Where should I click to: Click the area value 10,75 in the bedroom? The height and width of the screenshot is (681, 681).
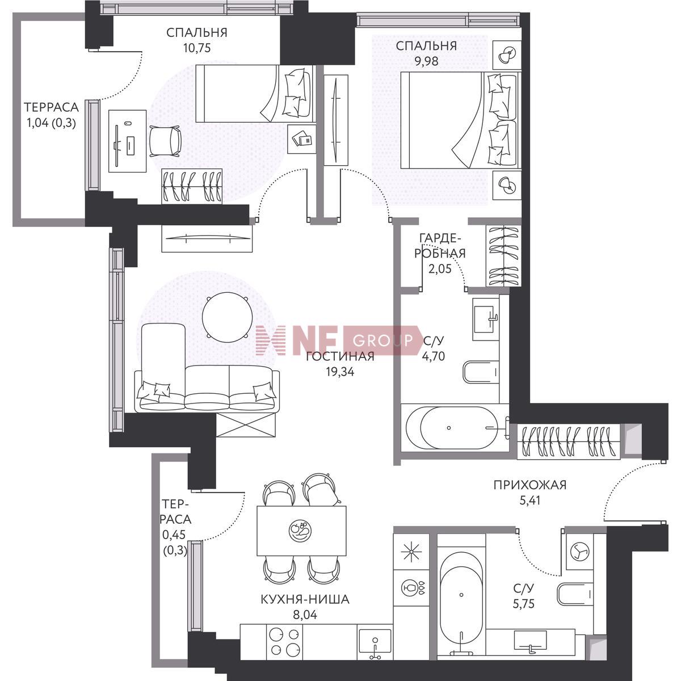click(x=197, y=48)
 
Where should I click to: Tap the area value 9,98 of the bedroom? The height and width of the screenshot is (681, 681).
click(x=426, y=61)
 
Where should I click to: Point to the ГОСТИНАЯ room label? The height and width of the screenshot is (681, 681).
click(x=340, y=356)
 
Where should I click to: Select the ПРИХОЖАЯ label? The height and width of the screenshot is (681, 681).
click(x=529, y=485)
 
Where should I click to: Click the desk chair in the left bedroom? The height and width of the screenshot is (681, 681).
click(x=165, y=141)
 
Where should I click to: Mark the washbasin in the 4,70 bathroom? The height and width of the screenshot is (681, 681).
click(x=486, y=319)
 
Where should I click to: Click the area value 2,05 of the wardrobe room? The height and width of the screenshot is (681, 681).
click(x=440, y=269)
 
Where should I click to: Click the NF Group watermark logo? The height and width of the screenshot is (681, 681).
click(x=339, y=340)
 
